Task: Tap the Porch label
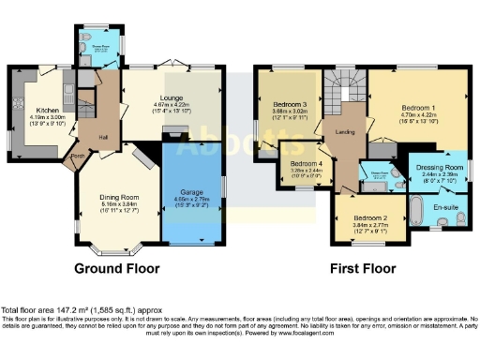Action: tap(67, 156)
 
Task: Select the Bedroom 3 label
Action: tap(290, 103)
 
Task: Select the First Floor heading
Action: tap(361, 267)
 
